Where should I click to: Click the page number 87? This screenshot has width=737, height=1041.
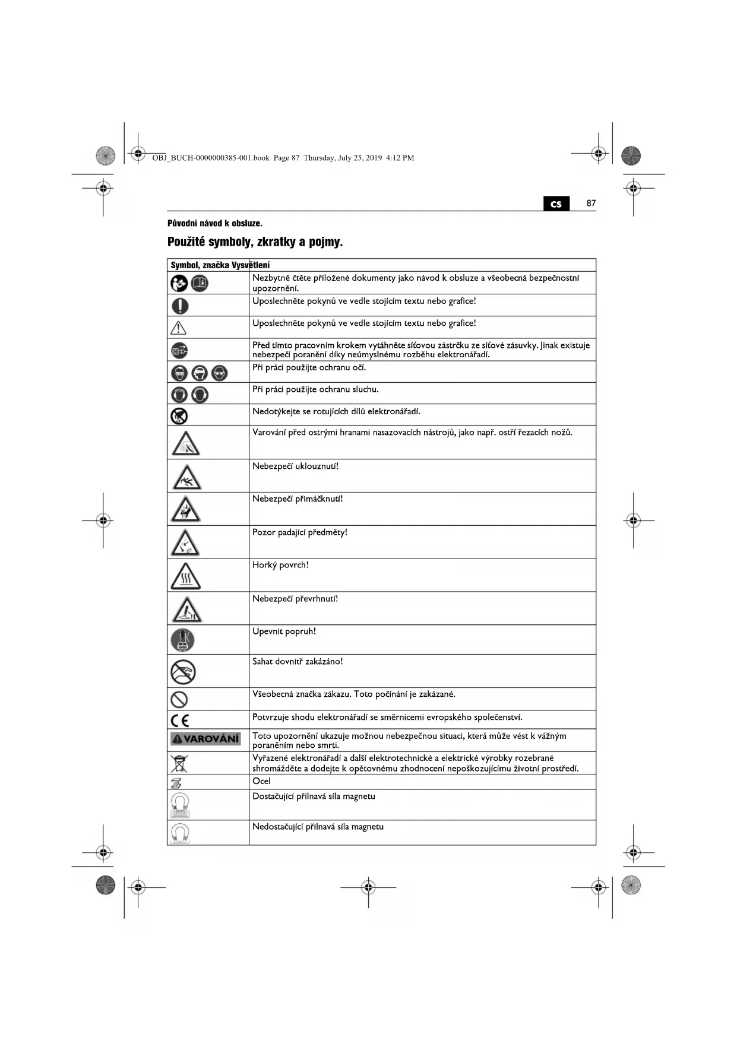[x=590, y=203]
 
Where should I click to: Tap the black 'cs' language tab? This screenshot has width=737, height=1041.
[x=556, y=204]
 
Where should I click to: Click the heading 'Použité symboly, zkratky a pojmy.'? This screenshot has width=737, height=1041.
[x=255, y=242]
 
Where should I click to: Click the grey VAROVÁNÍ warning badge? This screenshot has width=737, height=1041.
[x=205, y=739]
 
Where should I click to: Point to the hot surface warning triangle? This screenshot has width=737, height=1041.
[x=185, y=576]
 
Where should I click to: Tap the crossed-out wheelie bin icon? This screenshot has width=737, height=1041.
[x=179, y=763]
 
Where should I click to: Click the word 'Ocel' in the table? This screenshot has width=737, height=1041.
[x=261, y=781]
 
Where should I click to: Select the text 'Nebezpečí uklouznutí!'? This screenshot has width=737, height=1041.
[x=295, y=466]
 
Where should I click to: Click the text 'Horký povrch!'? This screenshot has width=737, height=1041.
[x=280, y=565]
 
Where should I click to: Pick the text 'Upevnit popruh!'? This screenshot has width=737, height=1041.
[x=284, y=631]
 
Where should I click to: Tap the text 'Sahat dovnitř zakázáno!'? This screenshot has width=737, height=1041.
[x=298, y=661]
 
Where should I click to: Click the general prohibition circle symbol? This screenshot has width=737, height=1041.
[x=179, y=699]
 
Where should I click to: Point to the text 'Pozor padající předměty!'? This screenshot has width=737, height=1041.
[x=299, y=532]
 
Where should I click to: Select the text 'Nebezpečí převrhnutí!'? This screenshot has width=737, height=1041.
[x=295, y=598]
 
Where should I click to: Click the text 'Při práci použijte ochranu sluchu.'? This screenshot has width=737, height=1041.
[x=315, y=389]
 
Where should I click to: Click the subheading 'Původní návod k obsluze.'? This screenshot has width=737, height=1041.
[x=214, y=223]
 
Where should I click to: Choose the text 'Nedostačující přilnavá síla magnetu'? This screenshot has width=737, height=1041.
[x=318, y=827]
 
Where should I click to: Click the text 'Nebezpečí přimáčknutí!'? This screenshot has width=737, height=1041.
[x=298, y=499]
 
